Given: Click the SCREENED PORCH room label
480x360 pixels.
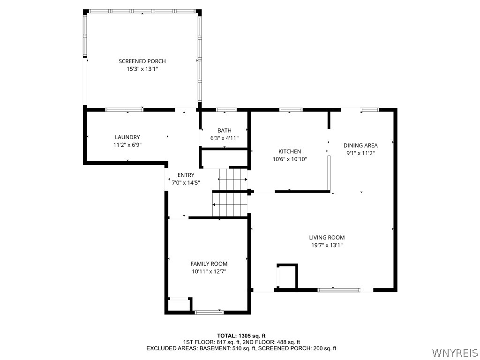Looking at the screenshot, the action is pyautogui.click(x=142, y=61).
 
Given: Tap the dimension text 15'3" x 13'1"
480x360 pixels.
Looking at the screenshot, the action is pyautogui.click(x=142, y=69).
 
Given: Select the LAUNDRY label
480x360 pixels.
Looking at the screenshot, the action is pyautogui.click(x=127, y=137).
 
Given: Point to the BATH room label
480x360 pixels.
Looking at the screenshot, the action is pyautogui.click(x=225, y=130).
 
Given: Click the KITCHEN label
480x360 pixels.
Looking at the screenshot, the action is pyautogui.click(x=290, y=151).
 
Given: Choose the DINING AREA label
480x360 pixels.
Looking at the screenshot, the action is pyautogui.click(x=360, y=145).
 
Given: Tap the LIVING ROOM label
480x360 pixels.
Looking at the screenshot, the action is pyautogui.click(x=327, y=238).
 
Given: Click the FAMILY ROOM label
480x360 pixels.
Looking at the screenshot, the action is pyautogui.click(x=209, y=264).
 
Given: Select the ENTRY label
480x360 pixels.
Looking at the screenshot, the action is pyautogui.click(x=186, y=175).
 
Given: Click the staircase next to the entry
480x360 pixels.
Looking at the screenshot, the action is pyautogui.click(x=231, y=193).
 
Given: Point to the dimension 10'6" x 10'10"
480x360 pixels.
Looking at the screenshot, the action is pyautogui.click(x=290, y=159).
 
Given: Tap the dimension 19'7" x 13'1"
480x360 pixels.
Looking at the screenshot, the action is pyautogui.click(x=327, y=245).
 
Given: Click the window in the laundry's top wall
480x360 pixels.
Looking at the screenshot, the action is pyautogui.click(x=124, y=110).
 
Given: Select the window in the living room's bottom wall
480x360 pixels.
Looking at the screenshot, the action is pyautogui.click(x=339, y=290).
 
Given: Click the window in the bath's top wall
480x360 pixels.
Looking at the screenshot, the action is pyautogui.click(x=226, y=110).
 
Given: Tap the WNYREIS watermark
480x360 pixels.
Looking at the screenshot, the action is pyautogui.click(x=455, y=352).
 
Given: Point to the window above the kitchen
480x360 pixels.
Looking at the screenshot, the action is pyautogui.click(x=291, y=110).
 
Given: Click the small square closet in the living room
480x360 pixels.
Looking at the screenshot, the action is pyautogui.click(x=287, y=277).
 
